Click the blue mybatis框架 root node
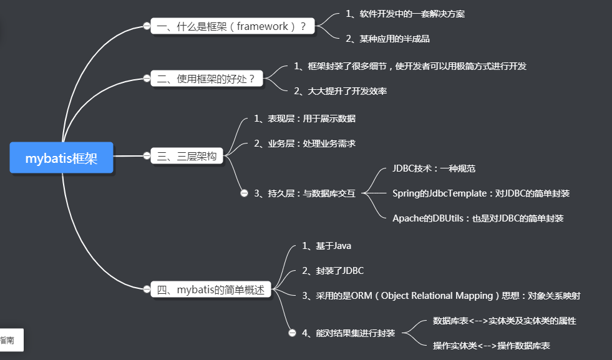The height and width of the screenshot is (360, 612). (62, 158)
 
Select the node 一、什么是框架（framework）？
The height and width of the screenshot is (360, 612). (232, 26)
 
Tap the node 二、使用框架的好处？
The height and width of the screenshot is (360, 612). (207, 79)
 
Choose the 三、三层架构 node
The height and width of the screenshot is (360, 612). (187, 156)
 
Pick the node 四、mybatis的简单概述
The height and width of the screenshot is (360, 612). (211, 289)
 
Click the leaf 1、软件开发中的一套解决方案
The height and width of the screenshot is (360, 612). (406, 14)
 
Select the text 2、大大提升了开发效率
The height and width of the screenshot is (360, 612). (341, 91)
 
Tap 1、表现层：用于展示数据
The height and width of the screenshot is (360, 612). (304, 119)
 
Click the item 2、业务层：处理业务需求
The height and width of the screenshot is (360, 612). (304, 144)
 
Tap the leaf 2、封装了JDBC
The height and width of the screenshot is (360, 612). (333, 271)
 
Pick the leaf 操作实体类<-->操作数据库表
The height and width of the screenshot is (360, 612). (492, 346)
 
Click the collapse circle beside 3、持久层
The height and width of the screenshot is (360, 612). (245, 193)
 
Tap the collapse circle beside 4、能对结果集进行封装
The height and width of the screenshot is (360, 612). (292, 333)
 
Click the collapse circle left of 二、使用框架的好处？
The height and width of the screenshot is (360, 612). (147, 79)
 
